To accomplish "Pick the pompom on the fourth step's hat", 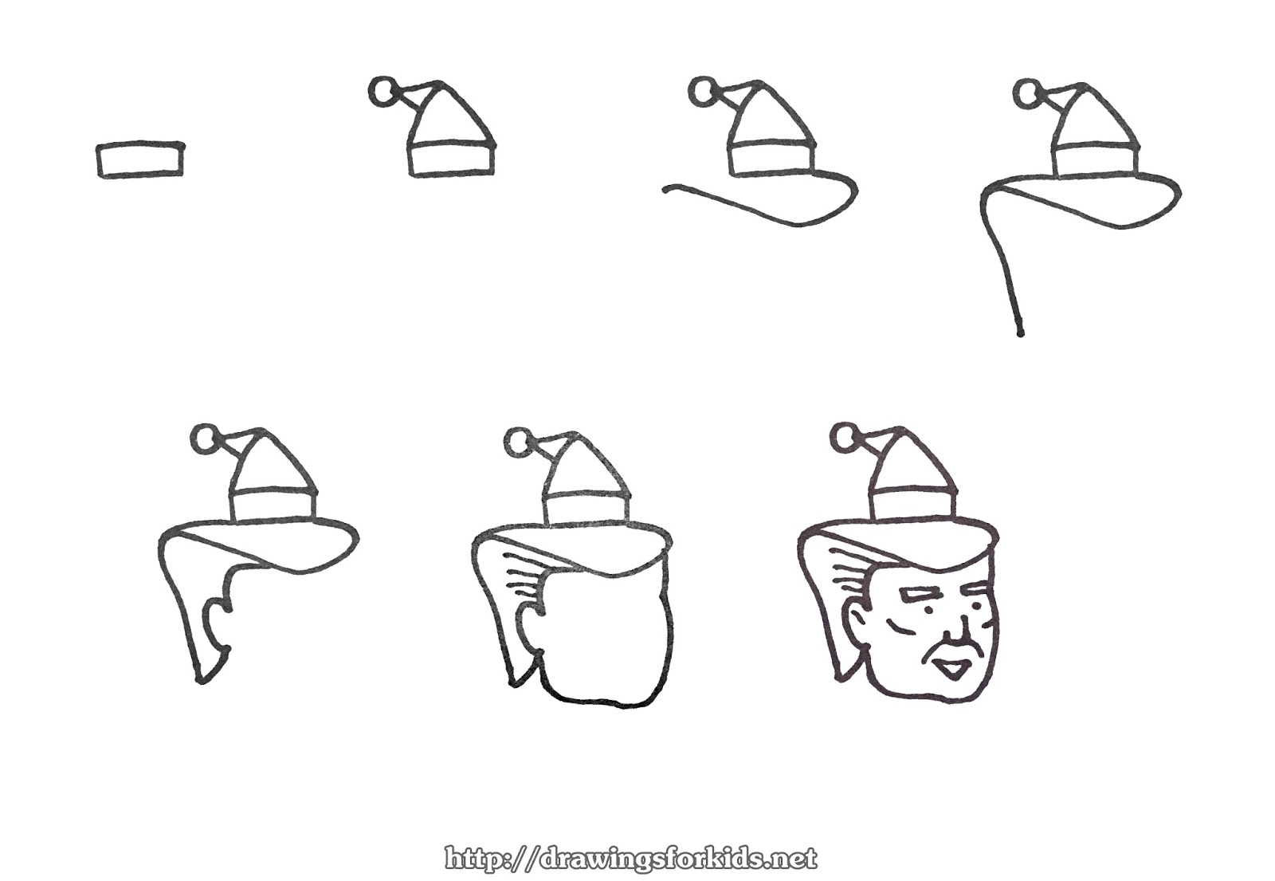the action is click(1027, 94).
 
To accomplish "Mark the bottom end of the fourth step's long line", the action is click(1020, 332).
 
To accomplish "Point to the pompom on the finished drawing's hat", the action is click(845, 438).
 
